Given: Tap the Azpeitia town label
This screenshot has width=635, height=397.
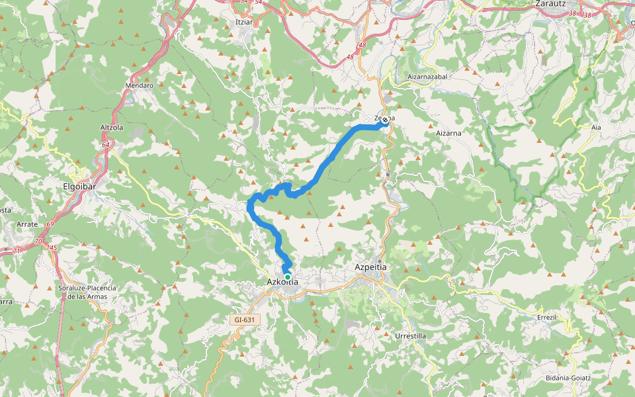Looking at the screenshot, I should click(x=370, y=267).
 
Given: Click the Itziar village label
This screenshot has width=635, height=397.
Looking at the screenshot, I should click(x=245, y=22).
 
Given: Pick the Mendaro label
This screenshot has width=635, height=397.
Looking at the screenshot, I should click(x=139, y=85).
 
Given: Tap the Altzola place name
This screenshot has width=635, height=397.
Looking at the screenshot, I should click(x=112, y=127).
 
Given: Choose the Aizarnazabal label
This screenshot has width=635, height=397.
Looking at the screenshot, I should click(x=428, y=77).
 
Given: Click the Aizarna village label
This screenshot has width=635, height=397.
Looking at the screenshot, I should click(x=448, y=133).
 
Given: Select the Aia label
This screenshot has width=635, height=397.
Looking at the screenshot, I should click(x=597, y=126).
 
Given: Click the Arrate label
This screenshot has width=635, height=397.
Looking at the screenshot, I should click(x=26, y=224).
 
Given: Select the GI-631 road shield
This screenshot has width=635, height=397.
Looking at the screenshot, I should click(x=244, y=320).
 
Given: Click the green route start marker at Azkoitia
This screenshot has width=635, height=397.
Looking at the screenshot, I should click(x=287, y=277).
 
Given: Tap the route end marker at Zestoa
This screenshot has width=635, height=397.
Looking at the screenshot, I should click(x=385, y=120).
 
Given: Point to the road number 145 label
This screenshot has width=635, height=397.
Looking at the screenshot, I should click(x=52, y=247).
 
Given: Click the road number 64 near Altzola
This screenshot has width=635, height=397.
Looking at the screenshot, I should click(x=106, y=144).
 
